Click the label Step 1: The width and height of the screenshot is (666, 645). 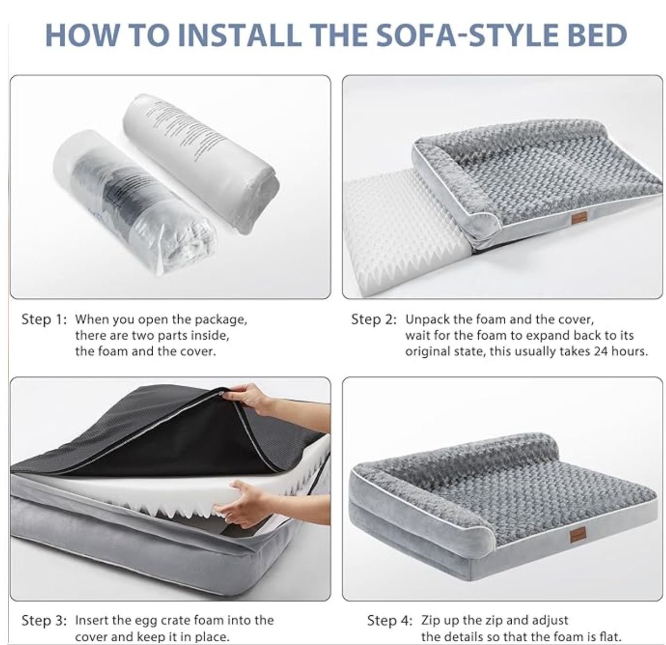click(43, 320)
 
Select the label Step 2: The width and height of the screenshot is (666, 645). click(374, 320)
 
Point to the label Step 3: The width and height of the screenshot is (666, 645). click(44, 621)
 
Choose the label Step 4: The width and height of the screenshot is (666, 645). click(390, 621)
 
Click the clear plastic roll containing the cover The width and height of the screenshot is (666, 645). click(134, 202)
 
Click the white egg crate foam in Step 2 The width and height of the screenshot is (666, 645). click(404, 226)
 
